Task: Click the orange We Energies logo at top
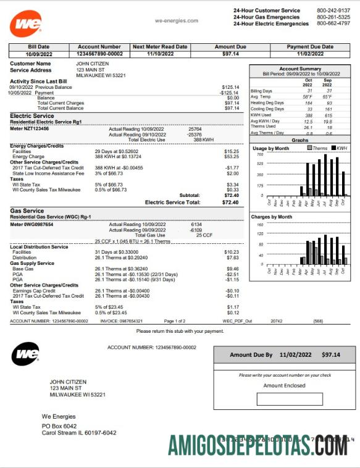click(x=26, y=23)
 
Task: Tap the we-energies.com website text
click(x=176, y=20)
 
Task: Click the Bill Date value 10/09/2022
click(x=38, y=54)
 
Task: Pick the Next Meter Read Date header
click(x=160, y=47)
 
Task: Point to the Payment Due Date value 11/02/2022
click(x=310, y=54)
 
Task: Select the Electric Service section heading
click(x=31, y=115)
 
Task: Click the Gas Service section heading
click(x=27, y=211)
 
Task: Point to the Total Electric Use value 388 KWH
click(x=203, y=140)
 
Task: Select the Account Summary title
click(x=300, y=69)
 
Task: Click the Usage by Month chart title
click(x=270, y=148)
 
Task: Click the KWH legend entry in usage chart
click(x=340, y=148)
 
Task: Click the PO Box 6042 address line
click(x=59, y=426)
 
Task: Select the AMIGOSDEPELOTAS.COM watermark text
click(x=257, y=444)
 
